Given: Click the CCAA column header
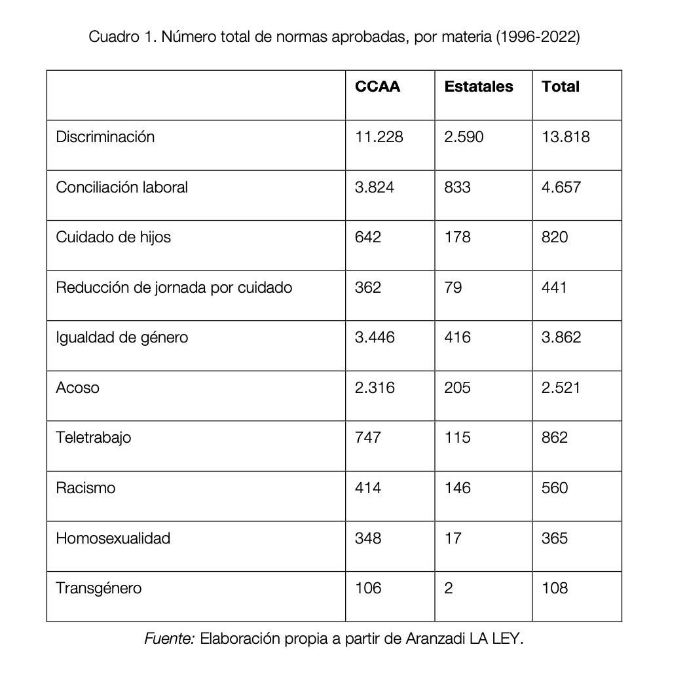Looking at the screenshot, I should point(377,87).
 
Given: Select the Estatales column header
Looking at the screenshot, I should point(478,87).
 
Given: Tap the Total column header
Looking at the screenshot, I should point(560,87).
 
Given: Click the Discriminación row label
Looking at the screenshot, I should point(105,137).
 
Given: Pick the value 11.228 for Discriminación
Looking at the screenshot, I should point(379,137).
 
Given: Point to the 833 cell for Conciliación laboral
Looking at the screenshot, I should point(457,187).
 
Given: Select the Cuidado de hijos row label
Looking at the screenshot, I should point(113,237).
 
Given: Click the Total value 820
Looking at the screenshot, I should point(555,237).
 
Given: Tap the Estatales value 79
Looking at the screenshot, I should point(453,288).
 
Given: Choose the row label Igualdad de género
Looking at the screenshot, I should point(122,337).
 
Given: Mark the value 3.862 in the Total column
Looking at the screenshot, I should point(561,337).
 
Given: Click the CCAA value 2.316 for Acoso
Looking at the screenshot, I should point(375,388).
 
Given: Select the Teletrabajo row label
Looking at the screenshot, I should point(93,438).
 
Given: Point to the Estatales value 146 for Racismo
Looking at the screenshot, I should point(457,488).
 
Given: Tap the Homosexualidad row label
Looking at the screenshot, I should point(113,538).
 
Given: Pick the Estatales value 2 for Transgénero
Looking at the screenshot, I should point(448,588).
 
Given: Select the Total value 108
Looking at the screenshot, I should point(555,588).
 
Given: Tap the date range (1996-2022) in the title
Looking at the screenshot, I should point(538,37).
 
